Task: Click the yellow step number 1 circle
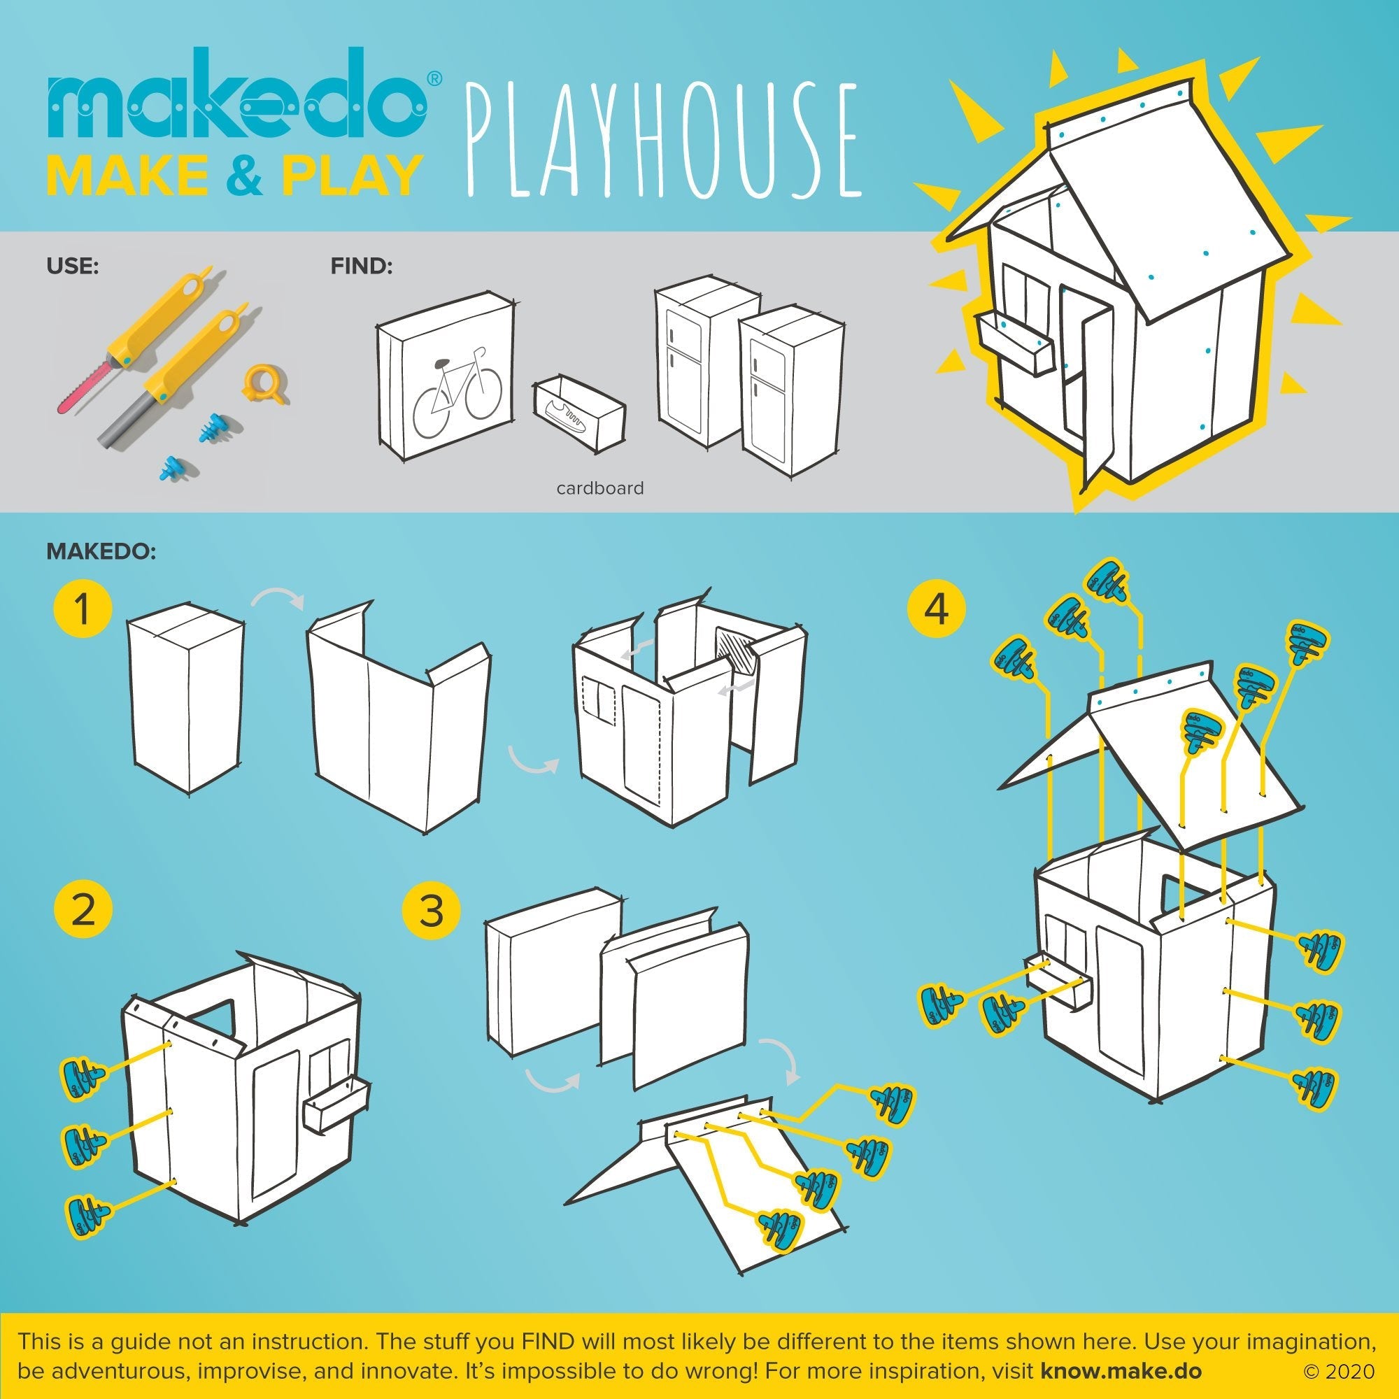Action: point(82,610)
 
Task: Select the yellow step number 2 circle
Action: point(83,910)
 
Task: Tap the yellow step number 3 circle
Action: point(432,910)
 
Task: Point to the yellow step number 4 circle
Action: point(937,610)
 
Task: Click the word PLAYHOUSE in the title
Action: point(663,142)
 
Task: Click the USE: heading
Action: point(73,266)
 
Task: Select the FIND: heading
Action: point(362,266)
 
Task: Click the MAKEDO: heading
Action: point(101,551)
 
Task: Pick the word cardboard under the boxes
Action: point(599,488)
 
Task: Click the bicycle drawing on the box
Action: point(456,391)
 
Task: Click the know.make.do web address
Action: point(1121,1371)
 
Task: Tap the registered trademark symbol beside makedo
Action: point(433,79)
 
